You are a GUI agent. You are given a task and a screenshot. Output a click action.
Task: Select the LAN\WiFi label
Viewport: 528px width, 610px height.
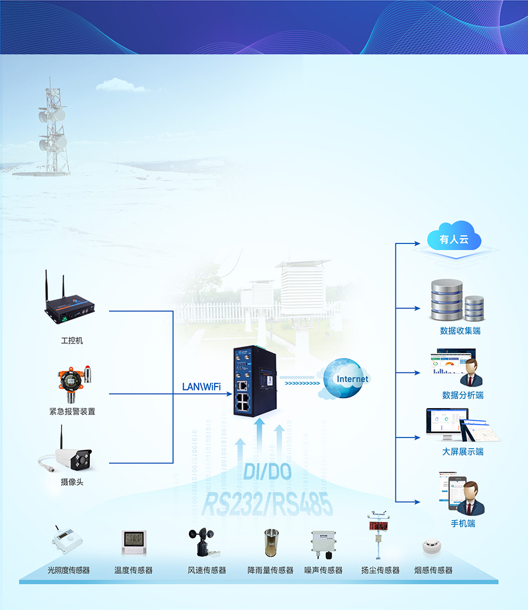coord(201,387)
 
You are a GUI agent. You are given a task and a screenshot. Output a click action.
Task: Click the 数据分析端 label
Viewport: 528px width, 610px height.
coord(463,395)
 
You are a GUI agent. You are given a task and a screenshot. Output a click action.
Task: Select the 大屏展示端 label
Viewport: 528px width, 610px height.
coord(463,452)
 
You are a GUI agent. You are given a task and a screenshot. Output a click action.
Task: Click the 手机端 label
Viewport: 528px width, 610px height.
coord(463,523)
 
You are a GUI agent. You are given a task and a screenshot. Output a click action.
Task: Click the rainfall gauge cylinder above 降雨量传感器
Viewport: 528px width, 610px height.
coord(270,543)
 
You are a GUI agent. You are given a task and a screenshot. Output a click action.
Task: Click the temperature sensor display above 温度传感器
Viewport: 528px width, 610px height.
coord(134,542)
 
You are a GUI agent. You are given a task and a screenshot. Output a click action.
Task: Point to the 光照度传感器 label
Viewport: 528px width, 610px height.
coord(69,570)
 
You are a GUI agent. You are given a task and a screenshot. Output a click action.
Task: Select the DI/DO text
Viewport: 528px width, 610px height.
coord(267,472)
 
